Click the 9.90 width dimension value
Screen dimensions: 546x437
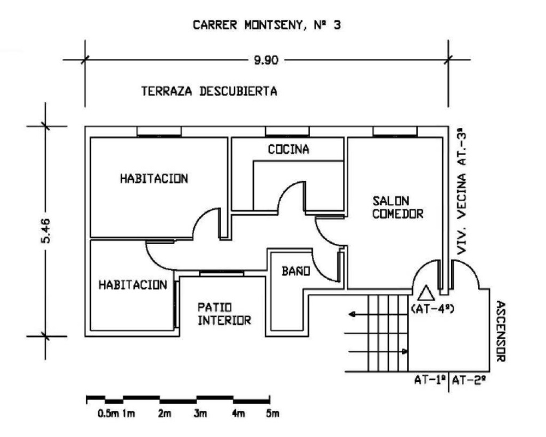[x=266, y=60]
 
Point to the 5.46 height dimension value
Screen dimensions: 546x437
[x=46, y=231]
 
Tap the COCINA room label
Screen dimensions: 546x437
[x=288, y=150]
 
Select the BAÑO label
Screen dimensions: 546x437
[x=295, y=271]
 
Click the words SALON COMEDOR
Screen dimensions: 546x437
[x=397, y=207]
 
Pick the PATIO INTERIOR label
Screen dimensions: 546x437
[x=224, y=314]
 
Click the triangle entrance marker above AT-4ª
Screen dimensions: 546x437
[x=426, y=293]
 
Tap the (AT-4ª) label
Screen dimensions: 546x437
[x=432, y=309]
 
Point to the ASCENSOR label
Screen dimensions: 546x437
[x=500, y=331]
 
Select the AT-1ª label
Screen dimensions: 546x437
[x=430, y=380]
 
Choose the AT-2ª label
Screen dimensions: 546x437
[x=468, y=380]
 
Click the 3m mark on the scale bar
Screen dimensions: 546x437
[x=200, y=414]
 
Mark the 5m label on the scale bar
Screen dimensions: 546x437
[x=272, y=414]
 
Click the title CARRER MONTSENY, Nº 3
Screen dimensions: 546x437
[x=267, y=25]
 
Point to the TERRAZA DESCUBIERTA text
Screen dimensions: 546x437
[x=209, y=91]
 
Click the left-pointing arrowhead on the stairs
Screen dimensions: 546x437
[x=352, y=314]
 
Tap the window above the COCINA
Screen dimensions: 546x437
[x=287, y=132]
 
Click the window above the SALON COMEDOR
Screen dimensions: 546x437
[x=395, y=132]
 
